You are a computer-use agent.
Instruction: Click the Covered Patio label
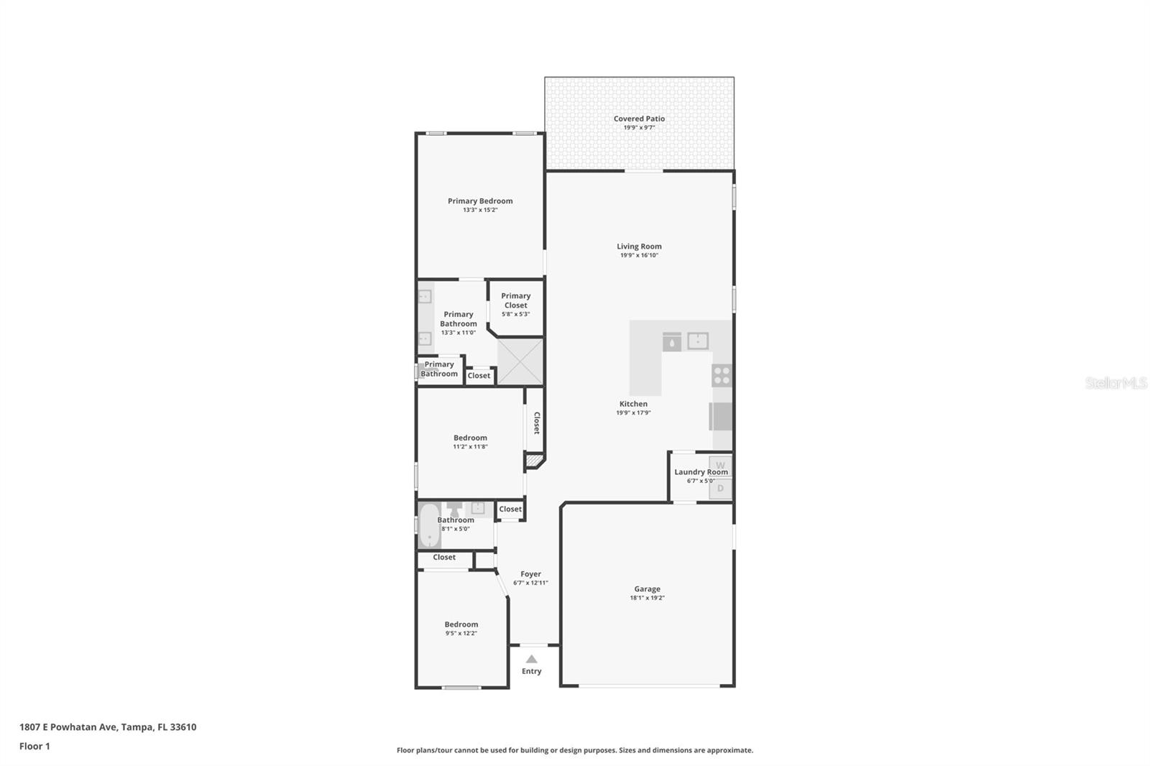point(639,119)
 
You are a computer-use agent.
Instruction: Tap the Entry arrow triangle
point(531,659)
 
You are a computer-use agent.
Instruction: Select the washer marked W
point(720,465)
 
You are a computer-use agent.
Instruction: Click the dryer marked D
point(720,489)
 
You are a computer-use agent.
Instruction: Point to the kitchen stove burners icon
point(722,375)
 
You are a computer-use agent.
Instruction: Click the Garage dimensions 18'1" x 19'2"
point(647,598)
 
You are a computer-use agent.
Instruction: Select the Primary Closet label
point(515,300)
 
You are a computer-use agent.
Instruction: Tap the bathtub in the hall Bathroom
point(429,525)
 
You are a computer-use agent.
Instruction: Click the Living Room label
point(639,246)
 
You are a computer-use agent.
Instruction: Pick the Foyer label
point(530,574)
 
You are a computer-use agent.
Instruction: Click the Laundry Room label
point(701,472)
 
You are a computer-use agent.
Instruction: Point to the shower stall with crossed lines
point(520,361)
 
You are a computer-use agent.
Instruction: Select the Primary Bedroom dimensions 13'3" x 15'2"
point(480,210)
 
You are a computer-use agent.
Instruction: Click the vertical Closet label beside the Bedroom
point(536,423)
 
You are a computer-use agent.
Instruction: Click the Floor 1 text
point(34,746)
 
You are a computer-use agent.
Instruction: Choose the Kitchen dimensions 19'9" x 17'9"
point(633,412)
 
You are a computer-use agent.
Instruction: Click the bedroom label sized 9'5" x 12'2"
point(461,624)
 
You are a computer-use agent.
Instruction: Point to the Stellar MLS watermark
point(1115,383)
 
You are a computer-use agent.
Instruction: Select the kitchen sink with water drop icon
point(671,342)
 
